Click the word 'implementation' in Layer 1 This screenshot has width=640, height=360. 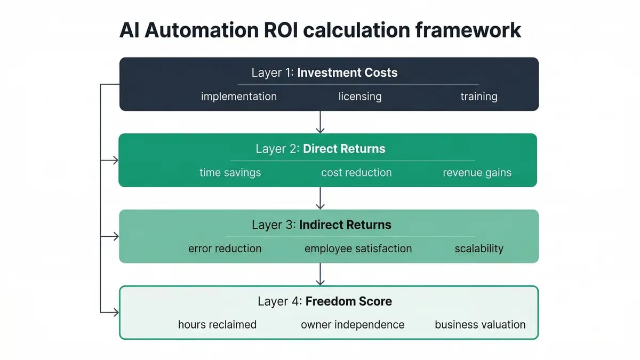238,97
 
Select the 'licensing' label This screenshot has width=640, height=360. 360,97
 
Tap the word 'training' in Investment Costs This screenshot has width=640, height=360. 478,97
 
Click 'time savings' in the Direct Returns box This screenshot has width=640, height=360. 230,173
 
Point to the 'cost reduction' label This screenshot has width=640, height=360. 356,173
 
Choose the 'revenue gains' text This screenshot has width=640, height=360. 477,173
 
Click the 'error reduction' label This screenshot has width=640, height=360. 225,249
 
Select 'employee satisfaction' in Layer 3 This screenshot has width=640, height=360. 358,249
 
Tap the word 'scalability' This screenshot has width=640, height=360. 478,249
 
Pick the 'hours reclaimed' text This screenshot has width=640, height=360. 217,325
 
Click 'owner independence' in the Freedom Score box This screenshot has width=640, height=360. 353,325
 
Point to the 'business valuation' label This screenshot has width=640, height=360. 480,325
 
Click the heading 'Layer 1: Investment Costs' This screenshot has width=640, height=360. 324,73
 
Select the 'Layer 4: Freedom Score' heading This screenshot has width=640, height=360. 324,301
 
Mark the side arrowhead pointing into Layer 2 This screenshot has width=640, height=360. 115,160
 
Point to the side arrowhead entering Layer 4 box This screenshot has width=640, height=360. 115,312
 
